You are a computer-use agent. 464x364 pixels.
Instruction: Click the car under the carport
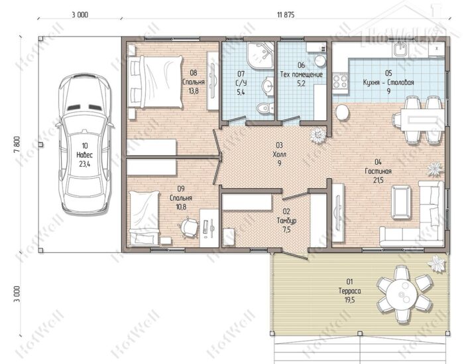85,144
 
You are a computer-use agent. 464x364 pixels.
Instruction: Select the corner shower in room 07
261,55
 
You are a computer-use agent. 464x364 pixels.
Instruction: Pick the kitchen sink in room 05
400,49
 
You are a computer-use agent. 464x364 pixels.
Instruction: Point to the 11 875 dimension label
286,15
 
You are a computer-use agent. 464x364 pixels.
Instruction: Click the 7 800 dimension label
17,144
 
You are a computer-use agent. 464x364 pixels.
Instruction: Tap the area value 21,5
378,180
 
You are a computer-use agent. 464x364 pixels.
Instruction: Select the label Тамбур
286,221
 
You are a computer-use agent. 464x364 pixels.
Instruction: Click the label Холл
279,154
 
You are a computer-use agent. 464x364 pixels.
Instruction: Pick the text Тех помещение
301,74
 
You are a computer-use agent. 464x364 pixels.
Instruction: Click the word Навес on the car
85,155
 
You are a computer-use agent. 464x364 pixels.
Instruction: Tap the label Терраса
349,291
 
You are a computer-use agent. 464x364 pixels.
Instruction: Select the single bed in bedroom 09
144,218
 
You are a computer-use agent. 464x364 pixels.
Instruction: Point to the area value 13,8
194,91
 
